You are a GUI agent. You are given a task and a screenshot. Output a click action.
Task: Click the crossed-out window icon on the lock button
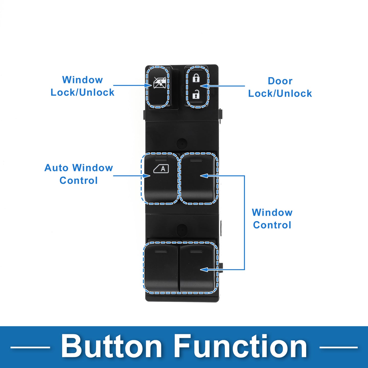tap(159, 83)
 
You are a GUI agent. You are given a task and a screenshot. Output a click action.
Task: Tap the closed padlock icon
tap(196, 78)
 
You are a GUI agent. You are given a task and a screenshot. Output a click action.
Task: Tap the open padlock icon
tap(196, 95)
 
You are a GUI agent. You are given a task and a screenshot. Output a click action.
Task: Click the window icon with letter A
tap(161, 169)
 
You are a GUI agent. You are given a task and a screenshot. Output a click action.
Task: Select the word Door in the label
tap(280, 81)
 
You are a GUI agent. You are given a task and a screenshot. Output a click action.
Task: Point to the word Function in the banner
tap(241, 347)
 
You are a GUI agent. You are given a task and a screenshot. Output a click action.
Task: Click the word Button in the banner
tap(111, 347)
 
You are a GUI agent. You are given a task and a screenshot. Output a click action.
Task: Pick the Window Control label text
tap(272, 219)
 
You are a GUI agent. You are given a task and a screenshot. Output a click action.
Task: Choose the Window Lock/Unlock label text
tap(82, 86)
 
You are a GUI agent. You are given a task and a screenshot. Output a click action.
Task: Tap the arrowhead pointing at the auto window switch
tap(147, 176)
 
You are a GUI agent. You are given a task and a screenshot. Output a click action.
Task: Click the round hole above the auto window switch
tap(182, 143)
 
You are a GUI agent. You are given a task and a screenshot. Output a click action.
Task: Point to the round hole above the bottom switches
tap(182, 229)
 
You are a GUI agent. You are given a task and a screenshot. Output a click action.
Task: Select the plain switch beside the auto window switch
tap(198, 179)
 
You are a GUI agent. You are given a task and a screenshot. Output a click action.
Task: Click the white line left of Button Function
tap(30, 347)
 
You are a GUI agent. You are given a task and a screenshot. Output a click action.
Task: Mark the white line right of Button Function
tap(338, 347)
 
